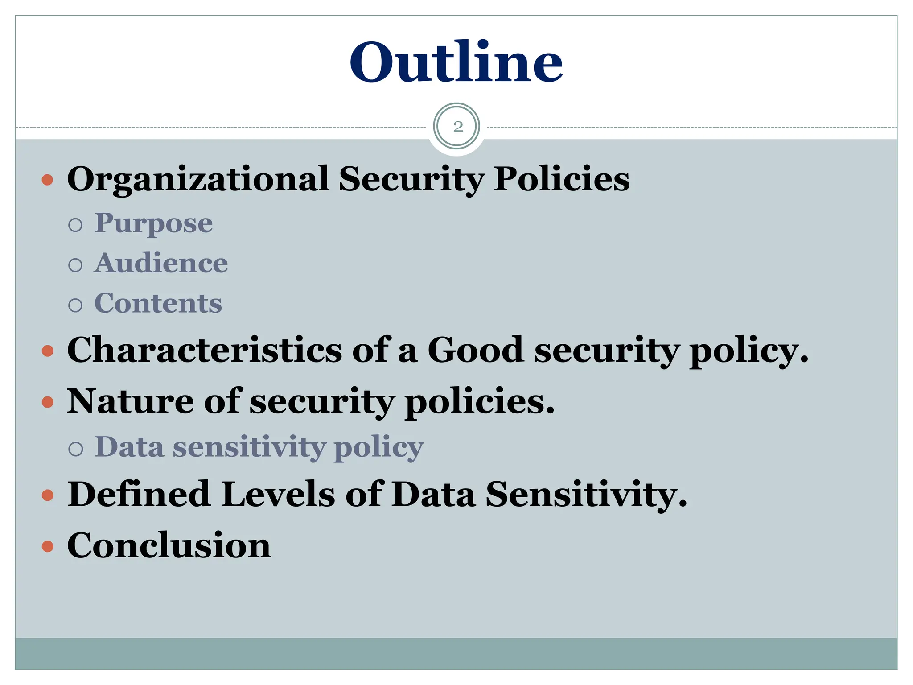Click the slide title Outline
point(456,62)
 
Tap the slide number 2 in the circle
point(457,127)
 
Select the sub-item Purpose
point(153,223)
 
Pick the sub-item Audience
point(161,263)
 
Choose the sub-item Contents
point(158,304)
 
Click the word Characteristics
point(204,350)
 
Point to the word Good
point(475,350)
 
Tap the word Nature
point(130,401)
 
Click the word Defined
point(139,494)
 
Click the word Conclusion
point(169,545)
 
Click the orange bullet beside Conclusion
point(48,546)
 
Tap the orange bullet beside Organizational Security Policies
point(48,180)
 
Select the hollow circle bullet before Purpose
point(76,225)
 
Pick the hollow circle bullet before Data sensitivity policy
point(76,449)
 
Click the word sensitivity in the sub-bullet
point(249,447)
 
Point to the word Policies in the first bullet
point(562,179)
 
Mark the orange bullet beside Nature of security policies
point(48,403)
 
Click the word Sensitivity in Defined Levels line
point(586,494)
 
